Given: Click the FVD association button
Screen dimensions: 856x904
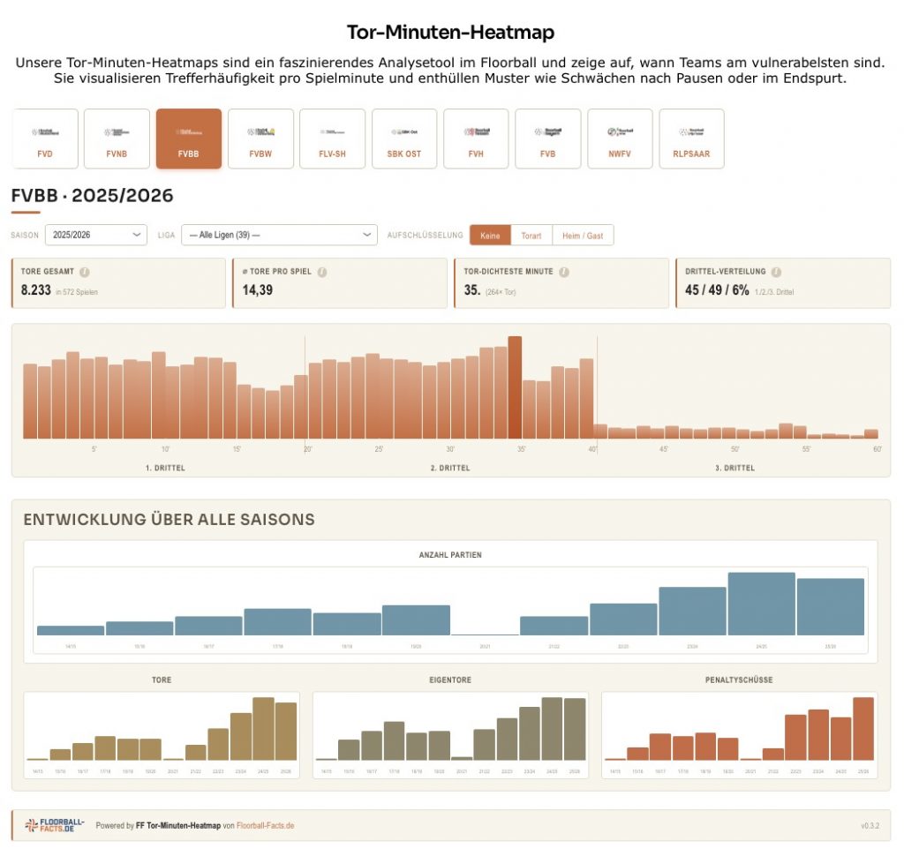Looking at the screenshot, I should click(45, 139).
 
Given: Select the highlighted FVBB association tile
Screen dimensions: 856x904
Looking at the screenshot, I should click(188, 139).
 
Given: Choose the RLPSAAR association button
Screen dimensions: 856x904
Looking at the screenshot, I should click(691, 139).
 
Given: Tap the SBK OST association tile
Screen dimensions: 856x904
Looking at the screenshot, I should click(404, 139).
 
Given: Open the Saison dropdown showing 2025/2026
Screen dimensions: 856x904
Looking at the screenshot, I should click(96, 235).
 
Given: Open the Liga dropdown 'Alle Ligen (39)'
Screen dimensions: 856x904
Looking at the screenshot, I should click(280, 235).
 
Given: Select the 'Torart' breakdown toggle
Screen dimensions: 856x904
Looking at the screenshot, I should click(531, 235).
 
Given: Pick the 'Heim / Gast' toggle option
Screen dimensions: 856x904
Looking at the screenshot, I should click(583, 235).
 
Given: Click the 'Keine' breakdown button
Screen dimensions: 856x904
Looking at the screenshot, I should click(490, 235).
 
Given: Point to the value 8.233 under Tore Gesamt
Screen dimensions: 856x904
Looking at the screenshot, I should click(36, 289).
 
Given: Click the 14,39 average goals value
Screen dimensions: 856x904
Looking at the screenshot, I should click(257, 289).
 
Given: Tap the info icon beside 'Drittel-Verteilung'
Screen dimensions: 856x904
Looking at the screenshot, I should click(775, 272).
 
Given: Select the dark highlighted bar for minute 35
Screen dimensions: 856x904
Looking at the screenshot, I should click(515, 387).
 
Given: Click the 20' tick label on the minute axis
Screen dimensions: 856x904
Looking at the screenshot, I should click(308, 449).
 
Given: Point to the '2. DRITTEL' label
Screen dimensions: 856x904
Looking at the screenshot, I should click(450, 468).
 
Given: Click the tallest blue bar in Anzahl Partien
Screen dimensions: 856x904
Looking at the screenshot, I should click(761, 604).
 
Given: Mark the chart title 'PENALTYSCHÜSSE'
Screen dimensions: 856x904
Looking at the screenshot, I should click(740, 680).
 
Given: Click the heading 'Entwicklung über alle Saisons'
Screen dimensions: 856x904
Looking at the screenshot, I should click(169, 520).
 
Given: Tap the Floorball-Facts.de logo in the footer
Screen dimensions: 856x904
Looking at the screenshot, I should click(55, 825).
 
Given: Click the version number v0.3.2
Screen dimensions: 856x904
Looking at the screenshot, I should click(870, 826).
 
